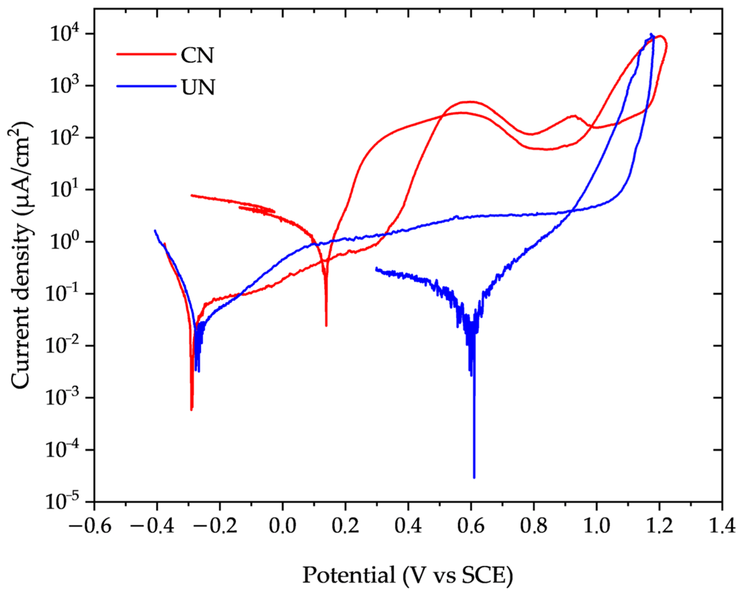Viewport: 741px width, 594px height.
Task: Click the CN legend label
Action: [197, 55]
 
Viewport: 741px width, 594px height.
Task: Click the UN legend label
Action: [198, 87]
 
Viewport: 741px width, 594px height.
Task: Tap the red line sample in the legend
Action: [146, 54]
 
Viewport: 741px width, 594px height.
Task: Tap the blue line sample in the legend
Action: [146, 86]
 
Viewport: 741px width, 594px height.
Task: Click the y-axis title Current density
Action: [23, 256]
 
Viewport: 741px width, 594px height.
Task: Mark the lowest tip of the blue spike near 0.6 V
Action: [474, 478]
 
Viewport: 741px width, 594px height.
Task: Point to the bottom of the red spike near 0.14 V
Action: [326, 325]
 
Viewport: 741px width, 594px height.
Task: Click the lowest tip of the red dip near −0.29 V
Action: [191, 409]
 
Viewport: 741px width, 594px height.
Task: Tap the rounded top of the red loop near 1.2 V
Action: [660, 36]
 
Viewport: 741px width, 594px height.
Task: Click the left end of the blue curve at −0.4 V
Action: [155, 231]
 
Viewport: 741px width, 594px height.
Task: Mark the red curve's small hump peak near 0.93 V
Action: [574, 116]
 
